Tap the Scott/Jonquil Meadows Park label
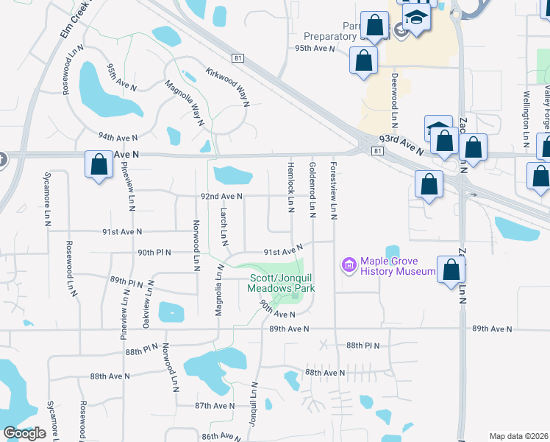[x=280, y=284]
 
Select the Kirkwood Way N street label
[x=227, y=85]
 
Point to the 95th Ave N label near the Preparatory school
[x=315, y=48]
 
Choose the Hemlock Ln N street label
[x=291, y=183]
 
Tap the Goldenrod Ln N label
[x=312, y=190]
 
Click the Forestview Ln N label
[x=334, y=190]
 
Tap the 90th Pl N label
[x=154, y=252]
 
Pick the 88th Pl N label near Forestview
[x=362, y=345]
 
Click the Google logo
[x=24, y=433]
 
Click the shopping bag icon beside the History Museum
[x=450, y=270]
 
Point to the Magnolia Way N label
[x=184, y=103]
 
